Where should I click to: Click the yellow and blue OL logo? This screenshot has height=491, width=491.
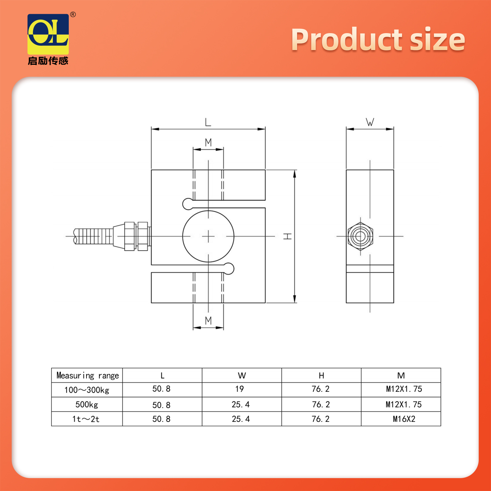point(48,34)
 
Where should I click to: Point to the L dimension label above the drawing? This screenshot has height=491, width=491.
point(208,122)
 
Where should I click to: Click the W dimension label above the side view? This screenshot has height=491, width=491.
point(370,122)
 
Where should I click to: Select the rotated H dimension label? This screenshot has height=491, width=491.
point(288,236)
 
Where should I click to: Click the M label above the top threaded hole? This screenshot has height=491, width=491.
point(208,142)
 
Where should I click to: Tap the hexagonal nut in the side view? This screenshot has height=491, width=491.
point(360,236)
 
